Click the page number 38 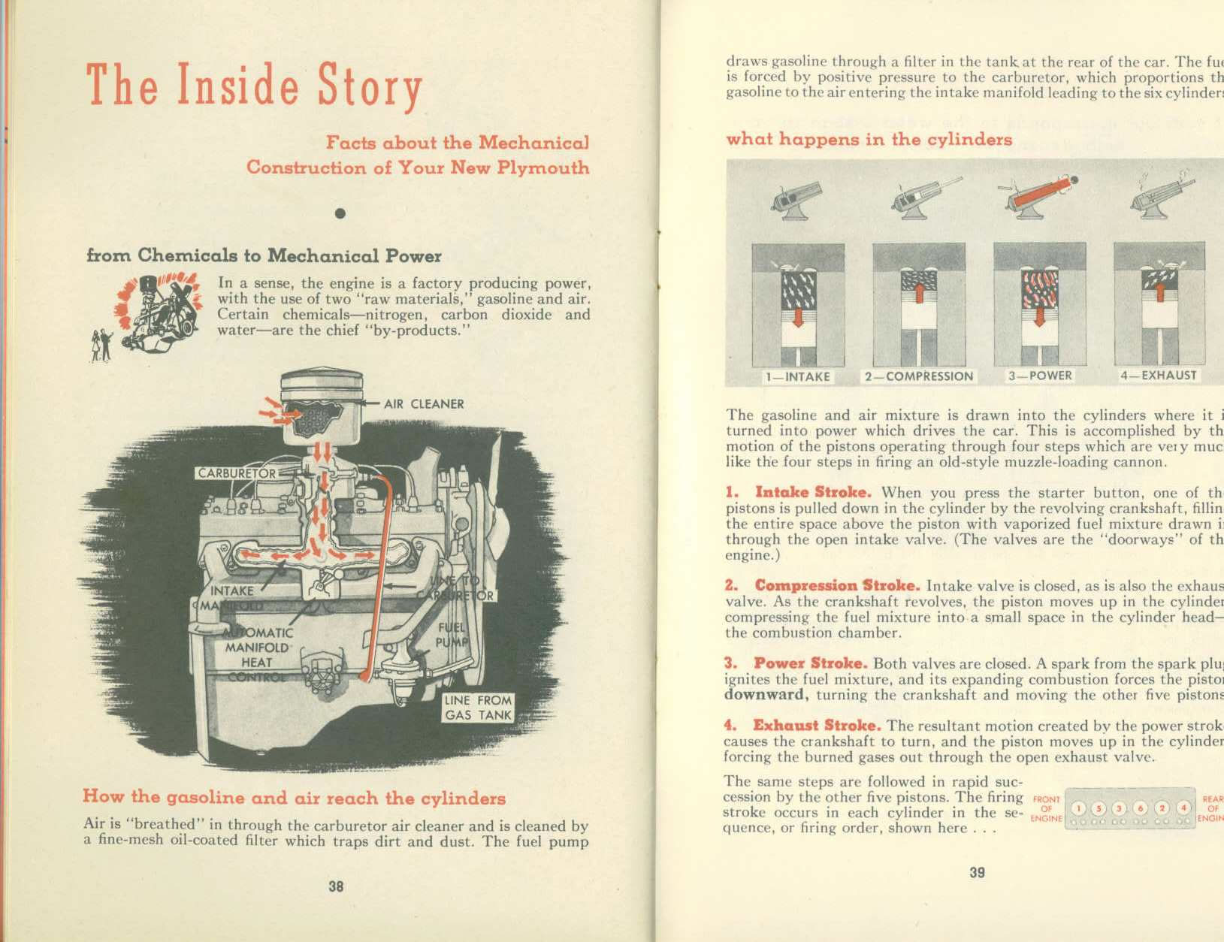tap(336, 886)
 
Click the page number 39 tap(977, 872)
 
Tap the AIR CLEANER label tap(424, 404)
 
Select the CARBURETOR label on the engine tap(236, 473)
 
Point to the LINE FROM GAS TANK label tap(478, 708)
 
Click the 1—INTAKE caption tap(797, 376)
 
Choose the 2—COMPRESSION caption tap(918, 376)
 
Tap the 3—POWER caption tap(1039, 376)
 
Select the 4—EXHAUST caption tap(1158, 375)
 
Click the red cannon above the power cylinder tap(1039, 194)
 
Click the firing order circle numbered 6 tap(1141, 808)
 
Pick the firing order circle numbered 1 tap(1079, 808)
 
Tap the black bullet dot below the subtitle tap(340, 213)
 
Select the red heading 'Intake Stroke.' tap(813, 493)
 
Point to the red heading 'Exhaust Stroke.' tap(817, 726)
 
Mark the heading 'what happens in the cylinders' tap(869, 140)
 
